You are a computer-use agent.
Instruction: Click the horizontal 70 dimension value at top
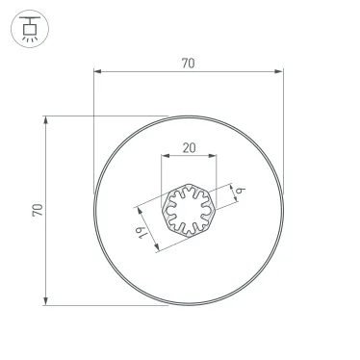click(x=188, y=64)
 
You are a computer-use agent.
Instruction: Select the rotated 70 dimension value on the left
click(x=38, y=210)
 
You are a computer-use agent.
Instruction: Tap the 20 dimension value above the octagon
click(x=188, y=147)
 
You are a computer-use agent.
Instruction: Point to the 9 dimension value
click(x=238, y=193)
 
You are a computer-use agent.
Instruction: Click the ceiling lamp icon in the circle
click(x=29, y=30)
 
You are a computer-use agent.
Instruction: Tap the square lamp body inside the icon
click(x=29, y=30)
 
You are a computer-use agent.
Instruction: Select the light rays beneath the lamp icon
click(x=29, y=40)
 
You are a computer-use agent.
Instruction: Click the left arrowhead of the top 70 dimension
click(x=97, y=71)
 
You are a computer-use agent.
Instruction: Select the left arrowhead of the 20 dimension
click(x=165, y=155)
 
